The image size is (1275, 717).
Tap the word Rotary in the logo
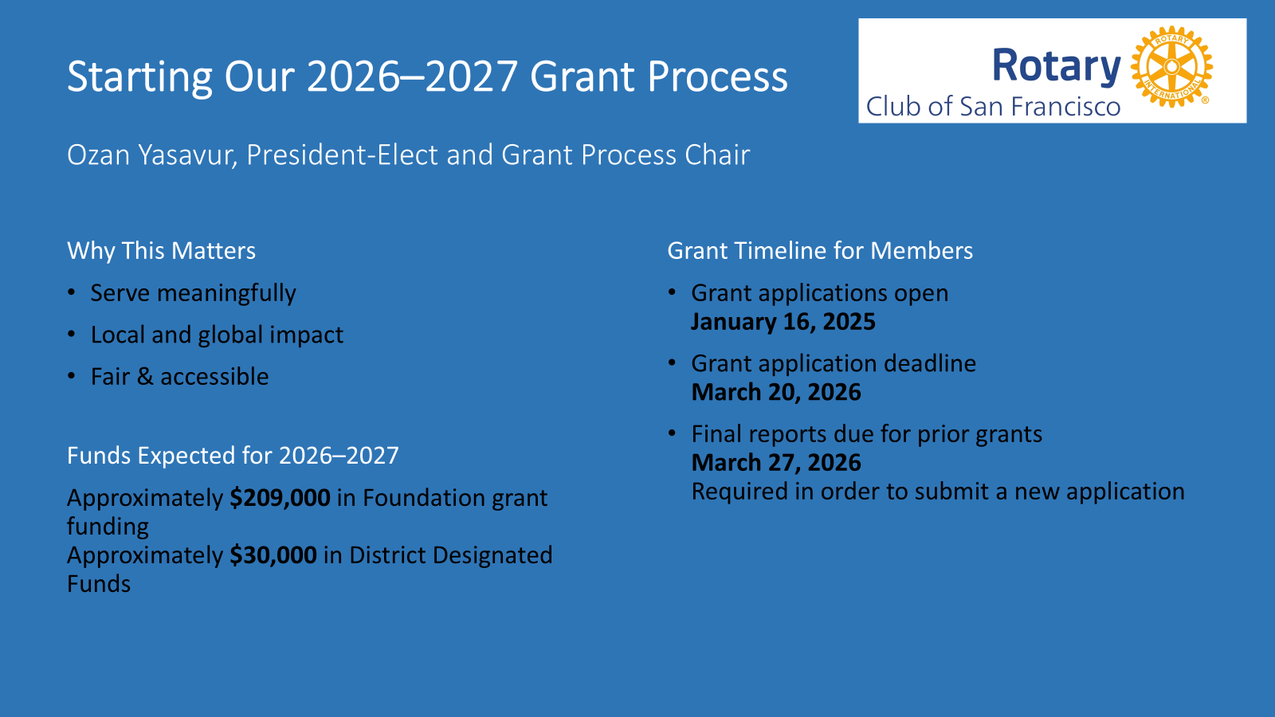click(x=1056, y=66)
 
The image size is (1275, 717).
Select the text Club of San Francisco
click(x=993, y=107)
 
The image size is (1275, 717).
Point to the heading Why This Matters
click(x=161, y=251)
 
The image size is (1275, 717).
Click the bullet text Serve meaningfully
click(x=193, y=293)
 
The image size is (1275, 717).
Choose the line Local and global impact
click(x=217, y=335)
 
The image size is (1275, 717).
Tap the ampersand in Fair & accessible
click(x=145, y=377)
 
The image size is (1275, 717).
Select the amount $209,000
click(x=280, y=498)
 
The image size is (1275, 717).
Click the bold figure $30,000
click(x=273, y=555)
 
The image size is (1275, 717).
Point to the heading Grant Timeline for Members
click(x=820, y=251)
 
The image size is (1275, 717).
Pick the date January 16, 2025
click(x=783, y=322)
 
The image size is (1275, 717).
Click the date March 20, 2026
click(x=776, y=392)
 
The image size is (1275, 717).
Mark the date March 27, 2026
click(x=776, y=463)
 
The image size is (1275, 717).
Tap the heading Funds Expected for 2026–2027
click(x=233, y=456)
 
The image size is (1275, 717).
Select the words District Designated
click(x=450, y=555)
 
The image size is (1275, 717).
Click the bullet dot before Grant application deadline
click(x=673, y=363)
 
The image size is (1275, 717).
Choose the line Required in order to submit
click(x=938, y=492)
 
